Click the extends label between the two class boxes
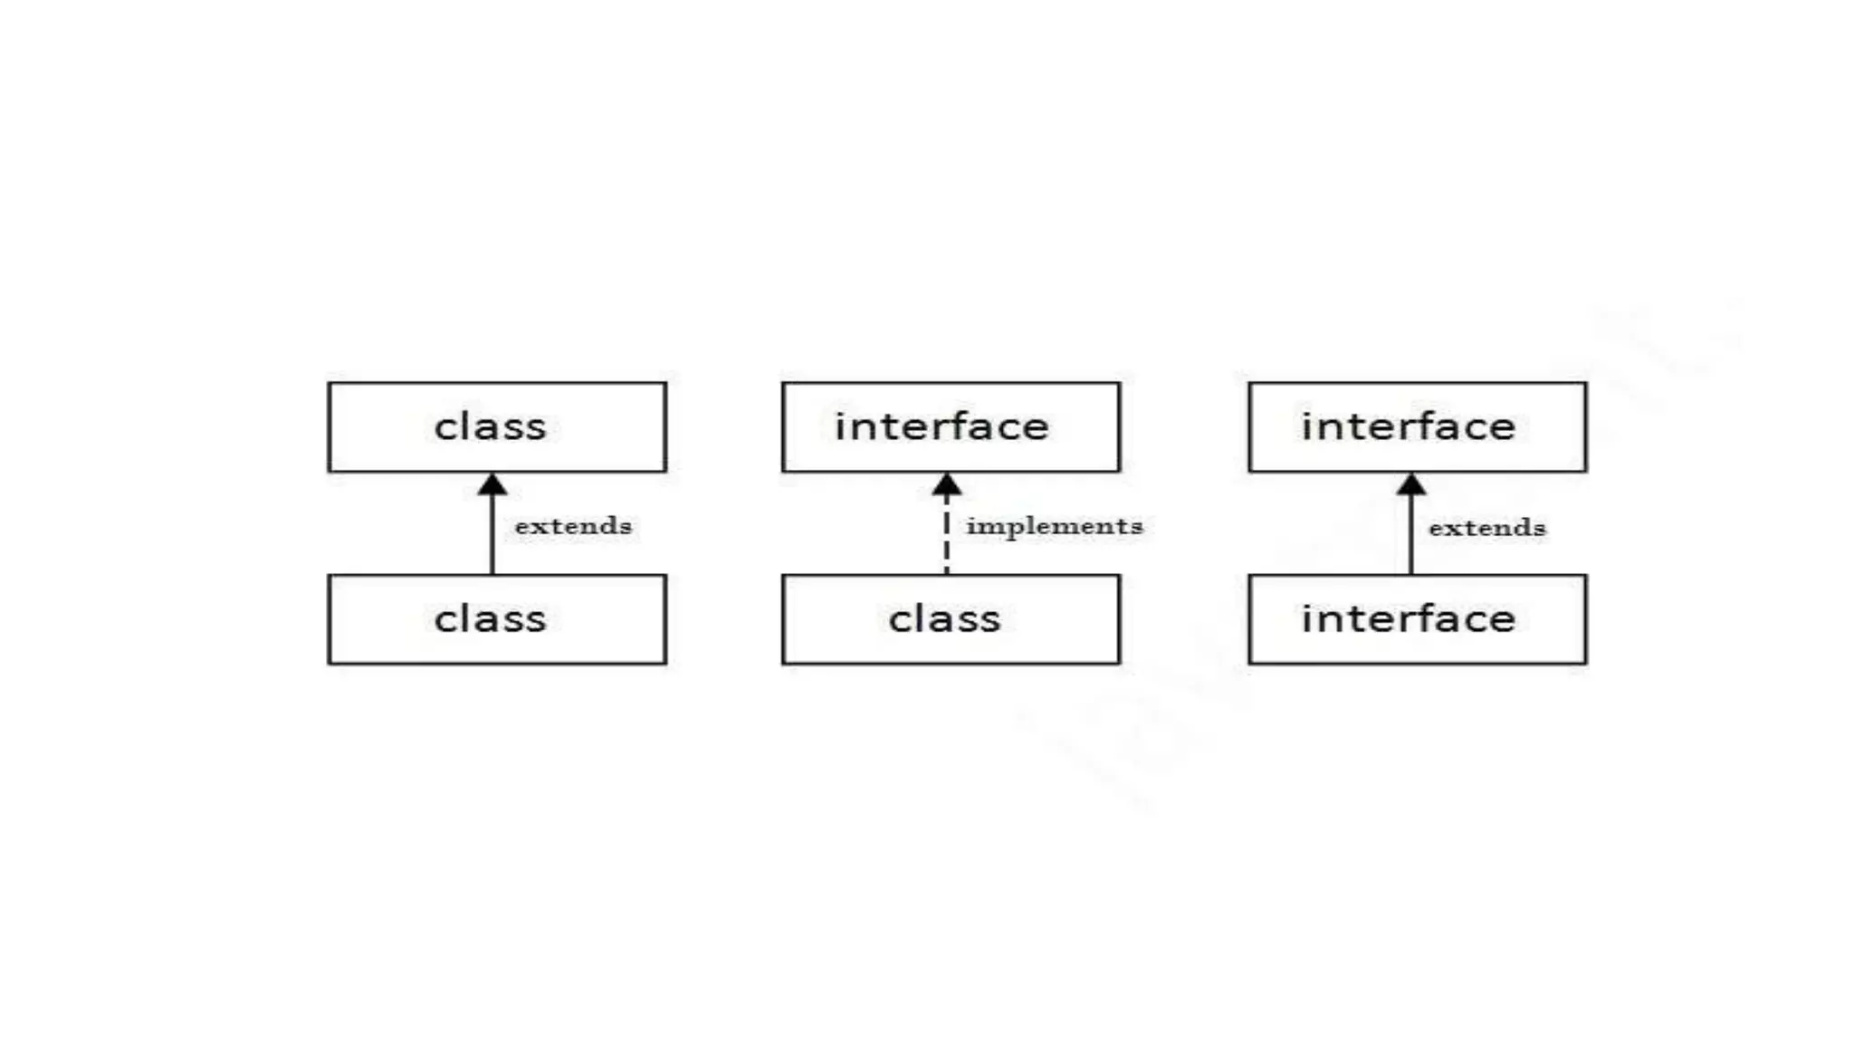[x=573, y=526]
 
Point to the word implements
[x=1054, y=526]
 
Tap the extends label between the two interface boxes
[x=1486, y=528]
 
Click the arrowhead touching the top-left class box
[x=492, y=485]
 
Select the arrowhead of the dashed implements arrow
[x=947, y=486]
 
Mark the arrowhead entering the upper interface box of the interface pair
[x=1410, y=485]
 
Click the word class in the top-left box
[x=490, y=427]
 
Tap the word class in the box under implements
[x=944, y=620]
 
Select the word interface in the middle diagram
[x=941, y=426]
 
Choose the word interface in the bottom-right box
[x=1408, y=619]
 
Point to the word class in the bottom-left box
[x=490, y=620]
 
